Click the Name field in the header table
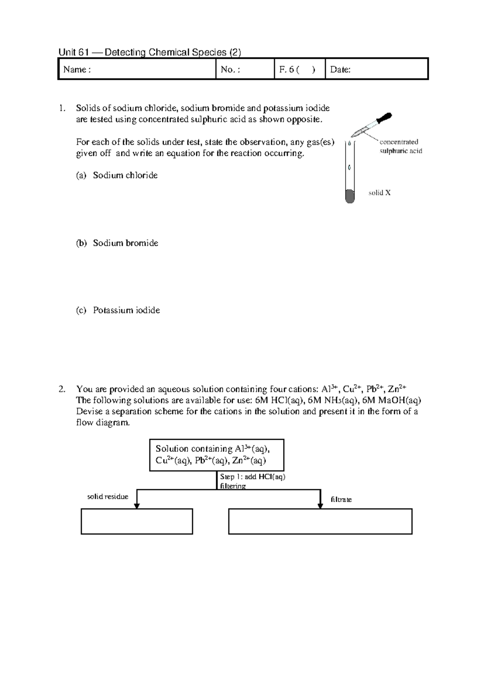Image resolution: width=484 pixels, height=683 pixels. tap(137, 69)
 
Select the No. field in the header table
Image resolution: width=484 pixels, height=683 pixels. tap(245, 69)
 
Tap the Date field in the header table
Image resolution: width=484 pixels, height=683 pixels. tap(376, 69)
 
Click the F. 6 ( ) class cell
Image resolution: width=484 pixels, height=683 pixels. tap(299, 69)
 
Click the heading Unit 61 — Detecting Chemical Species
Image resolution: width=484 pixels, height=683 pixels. tap(150, 52)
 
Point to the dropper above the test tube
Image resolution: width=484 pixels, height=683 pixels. tap(371, 124)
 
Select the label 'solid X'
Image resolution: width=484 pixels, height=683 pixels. tap(379, 193)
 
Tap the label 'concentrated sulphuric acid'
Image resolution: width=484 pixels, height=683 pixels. tap(400, 146)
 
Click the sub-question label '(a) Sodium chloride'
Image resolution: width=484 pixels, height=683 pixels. tap(117, 175)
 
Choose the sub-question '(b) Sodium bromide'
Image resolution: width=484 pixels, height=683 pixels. tap(117, 243)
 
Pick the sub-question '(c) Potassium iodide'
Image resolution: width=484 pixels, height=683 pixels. tap(118, 310)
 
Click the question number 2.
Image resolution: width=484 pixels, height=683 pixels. tap(61, 389)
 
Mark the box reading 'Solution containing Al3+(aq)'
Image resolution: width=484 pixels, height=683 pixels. tap(217, 455)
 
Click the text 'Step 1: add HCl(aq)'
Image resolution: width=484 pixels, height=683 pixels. tap(252, 477)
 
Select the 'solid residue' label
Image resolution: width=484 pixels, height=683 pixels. tap(108, 497)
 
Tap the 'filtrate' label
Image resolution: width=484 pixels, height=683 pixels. tap(341, 499)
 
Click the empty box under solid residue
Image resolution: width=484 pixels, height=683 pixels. tap(137, 522)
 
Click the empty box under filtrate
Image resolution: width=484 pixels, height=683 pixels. tap(320, 522)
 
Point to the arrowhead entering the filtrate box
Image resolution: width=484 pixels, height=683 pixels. tap(320, 505)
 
